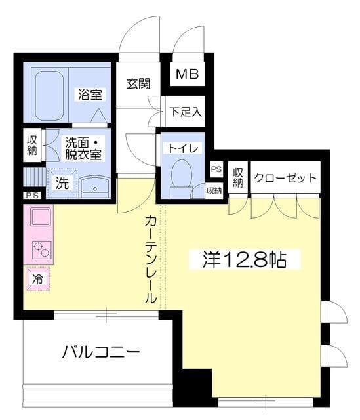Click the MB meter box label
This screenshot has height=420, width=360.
(186, 73)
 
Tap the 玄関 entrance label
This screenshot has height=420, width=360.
(138, 84)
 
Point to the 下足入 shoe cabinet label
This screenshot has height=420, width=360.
(186, 112)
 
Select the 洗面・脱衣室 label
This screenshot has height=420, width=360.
(82, 148)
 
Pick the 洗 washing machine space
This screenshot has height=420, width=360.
(61, 183)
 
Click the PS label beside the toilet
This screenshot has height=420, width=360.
(216, 169)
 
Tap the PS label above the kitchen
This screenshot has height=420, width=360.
(31, 196)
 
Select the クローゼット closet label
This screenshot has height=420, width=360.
(285, 178)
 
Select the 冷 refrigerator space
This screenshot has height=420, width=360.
(38, 278)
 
